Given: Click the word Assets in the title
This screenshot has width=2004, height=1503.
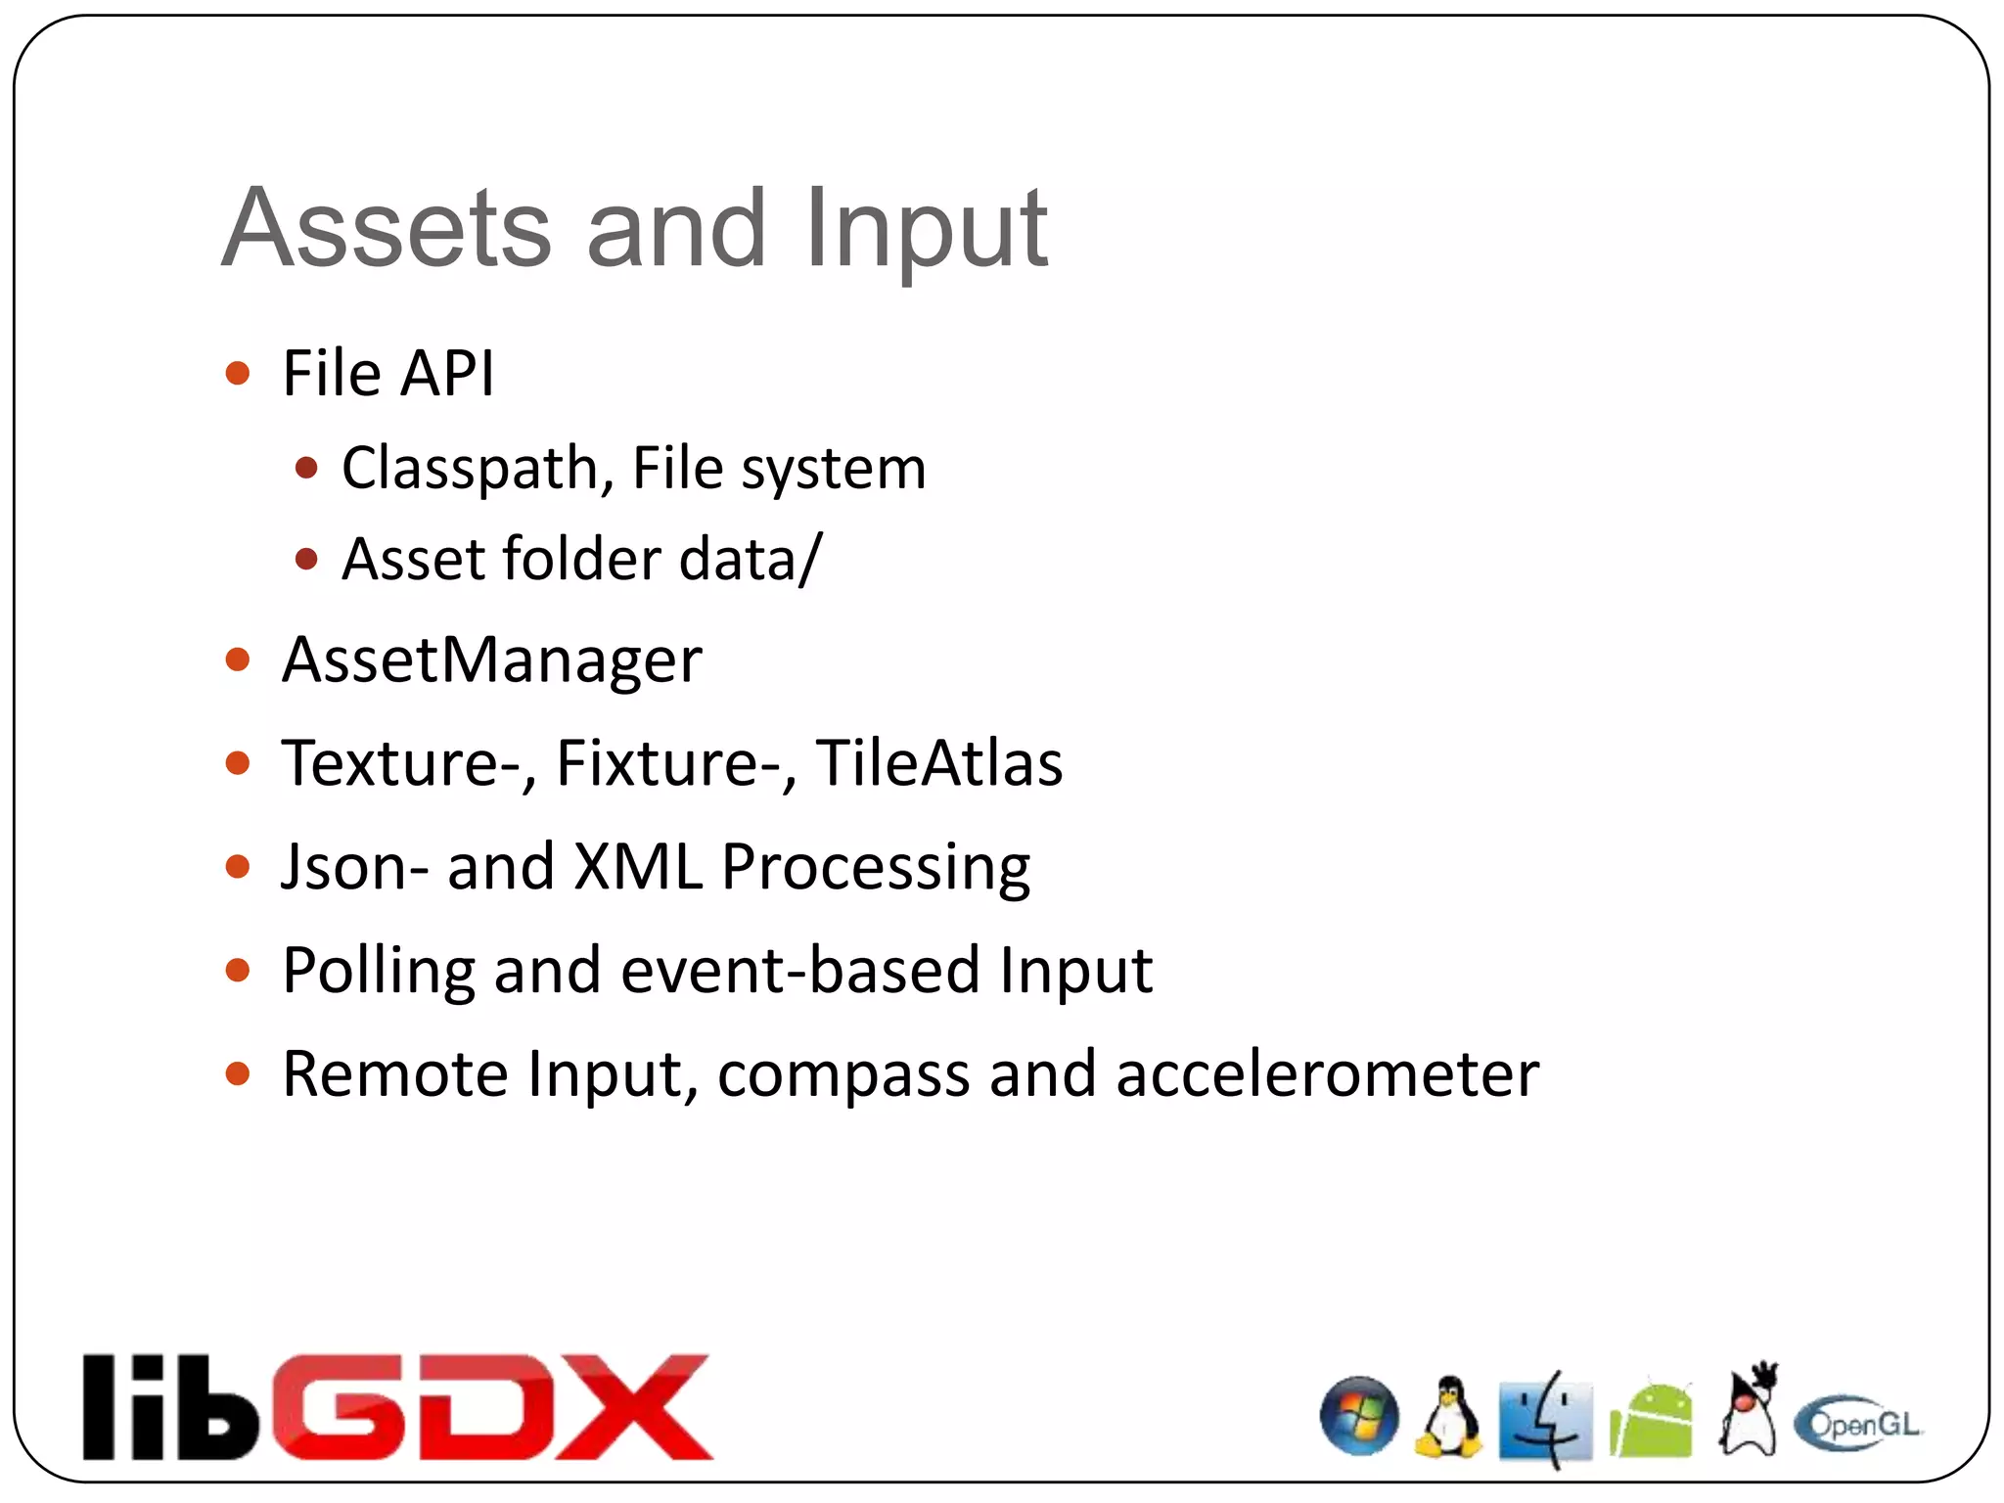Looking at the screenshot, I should coord(387,228).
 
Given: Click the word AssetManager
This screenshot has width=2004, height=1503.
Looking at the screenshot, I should coord(492,660).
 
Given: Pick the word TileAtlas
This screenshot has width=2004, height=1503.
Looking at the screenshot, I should coord(939,763).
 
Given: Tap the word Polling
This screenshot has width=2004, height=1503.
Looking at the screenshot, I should coord(378,971).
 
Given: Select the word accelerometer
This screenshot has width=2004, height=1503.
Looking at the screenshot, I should coord(1327,1074).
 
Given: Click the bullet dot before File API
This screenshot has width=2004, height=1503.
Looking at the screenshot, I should coord(238,373).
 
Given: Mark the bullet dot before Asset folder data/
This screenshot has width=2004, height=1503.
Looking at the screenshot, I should coord(306,559).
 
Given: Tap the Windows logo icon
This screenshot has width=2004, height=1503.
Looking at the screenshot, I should coord(1359,1416).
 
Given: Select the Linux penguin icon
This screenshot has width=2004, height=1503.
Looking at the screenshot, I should coord(1449,1417).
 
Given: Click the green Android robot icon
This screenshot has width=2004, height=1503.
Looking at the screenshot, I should coord(1651,1421).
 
